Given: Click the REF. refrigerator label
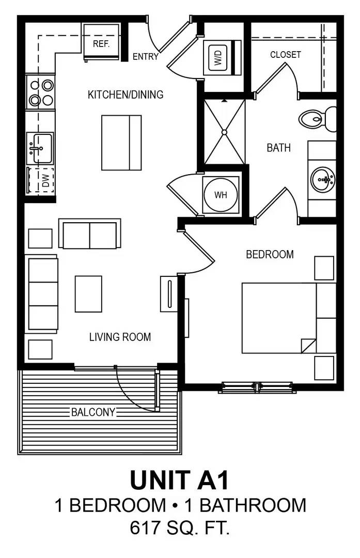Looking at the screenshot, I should coord(101,44).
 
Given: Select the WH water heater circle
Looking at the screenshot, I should coord(221,195).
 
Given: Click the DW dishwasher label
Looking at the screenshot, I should coord(45,180).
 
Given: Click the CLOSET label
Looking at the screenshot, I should coord(285,54).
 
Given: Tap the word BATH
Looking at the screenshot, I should coord(278,148).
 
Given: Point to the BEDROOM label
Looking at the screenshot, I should coord(270,254).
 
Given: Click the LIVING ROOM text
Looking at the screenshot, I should coord(120,337).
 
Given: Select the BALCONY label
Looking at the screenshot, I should coord(93,412).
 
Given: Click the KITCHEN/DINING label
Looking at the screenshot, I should coord(126,95).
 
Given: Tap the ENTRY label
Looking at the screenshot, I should coord(145,57).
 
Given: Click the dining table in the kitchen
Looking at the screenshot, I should coord(121,143).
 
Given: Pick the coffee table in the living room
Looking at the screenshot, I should coord(88,294).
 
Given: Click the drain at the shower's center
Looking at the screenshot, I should coord(224,132).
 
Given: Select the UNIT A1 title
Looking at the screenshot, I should coord(179,480).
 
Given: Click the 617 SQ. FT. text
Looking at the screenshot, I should coord(180,529).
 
